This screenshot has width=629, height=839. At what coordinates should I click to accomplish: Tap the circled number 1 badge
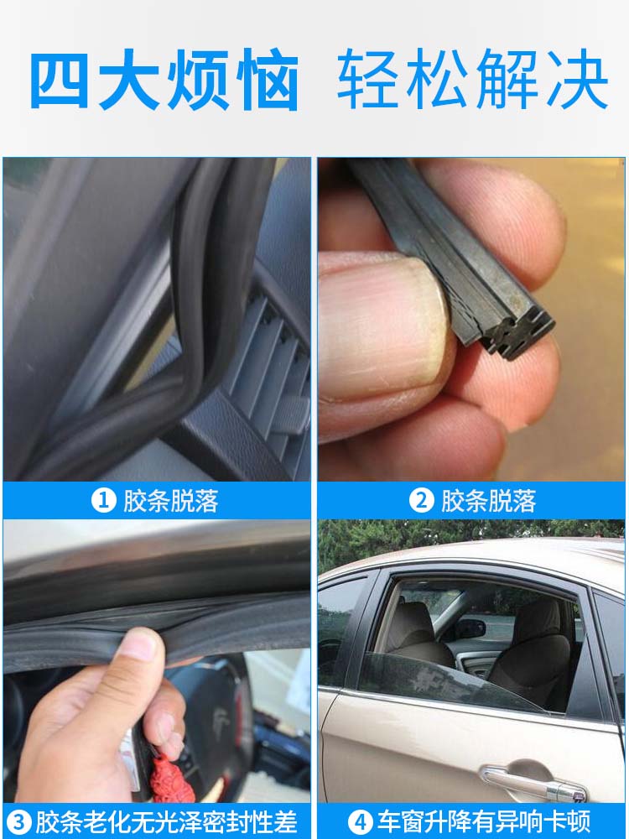click(104, 502)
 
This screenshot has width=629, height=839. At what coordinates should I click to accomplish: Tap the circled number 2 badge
click(422, 502)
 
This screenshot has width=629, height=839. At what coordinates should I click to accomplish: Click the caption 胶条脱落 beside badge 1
click(170, 502)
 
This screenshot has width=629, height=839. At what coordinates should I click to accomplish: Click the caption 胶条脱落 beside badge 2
click(488, 502)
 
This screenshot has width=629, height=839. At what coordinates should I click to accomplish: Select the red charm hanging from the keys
click(171, 776)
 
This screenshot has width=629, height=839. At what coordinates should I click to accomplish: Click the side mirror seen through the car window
click(470, 629)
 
